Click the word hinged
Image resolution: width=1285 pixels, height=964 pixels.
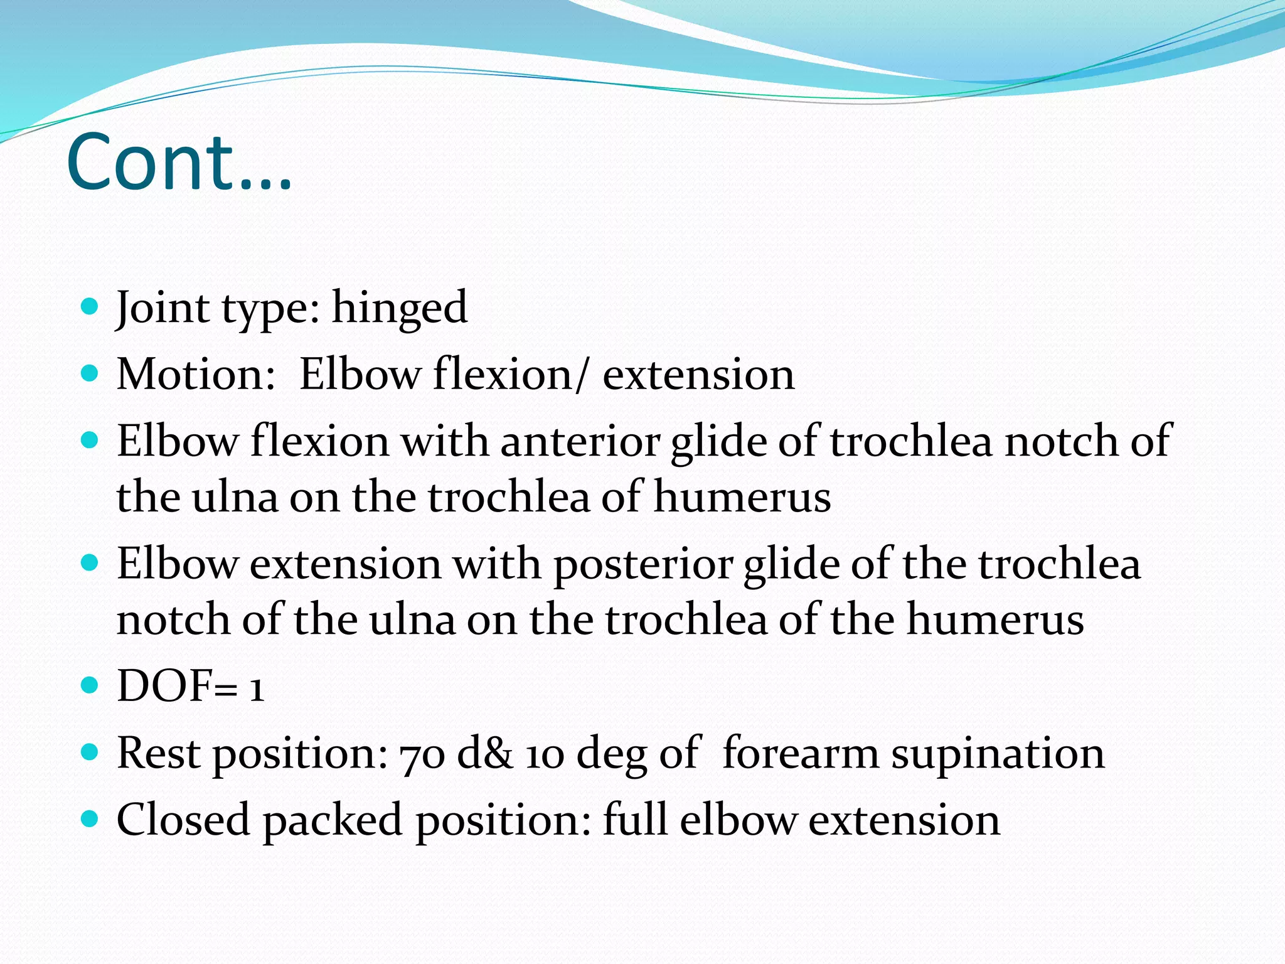tap(399, 308)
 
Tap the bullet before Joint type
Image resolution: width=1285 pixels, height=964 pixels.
tap(90, 306)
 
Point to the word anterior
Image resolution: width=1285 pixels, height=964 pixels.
tap(580, 441)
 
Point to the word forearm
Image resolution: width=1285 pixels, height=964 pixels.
tap(801, 753)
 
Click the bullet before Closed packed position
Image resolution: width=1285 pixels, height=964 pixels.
tap(90, 818)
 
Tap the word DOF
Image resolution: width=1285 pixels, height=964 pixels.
tap(165, 686)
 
